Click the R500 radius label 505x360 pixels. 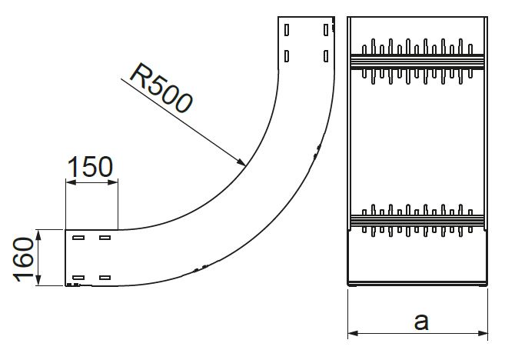(x=160, y=88)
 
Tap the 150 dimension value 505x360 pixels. (x=90, y=166)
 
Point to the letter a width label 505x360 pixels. (x=420, y=321)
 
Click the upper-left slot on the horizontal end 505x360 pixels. (x=78, y=238)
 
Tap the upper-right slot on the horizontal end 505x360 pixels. (x=105, y=238)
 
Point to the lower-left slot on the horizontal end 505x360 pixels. (x=78, y=277)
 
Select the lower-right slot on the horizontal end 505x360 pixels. (x=105, y=277)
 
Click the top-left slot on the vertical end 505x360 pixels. (x=287, y=31)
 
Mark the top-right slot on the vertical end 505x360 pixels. (x=326, y=30)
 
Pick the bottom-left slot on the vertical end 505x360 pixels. (x=287, y=55)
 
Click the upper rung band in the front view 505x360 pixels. (x=417, y=58)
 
